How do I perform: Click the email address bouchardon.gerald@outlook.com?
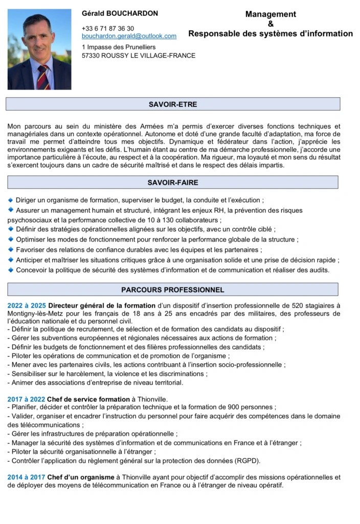pyautogui.click(x=129, y=36)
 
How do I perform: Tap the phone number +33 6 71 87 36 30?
pyautogui.click(x=108, y=29)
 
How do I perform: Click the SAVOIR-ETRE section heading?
pyautogui.click(x=173, y=104)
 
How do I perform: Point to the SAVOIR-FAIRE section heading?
pyautogui.click(x=173, y=182)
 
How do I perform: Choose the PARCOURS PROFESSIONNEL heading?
pyautogui.click(x=173, y=290)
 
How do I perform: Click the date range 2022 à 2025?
pyautogui.click(x=27, y=305)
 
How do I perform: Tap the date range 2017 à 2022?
pyautogui.click(x=26, y=399)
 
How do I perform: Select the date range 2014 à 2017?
pyautogui.click(x=26, y=477)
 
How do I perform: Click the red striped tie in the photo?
pyautogui.click(x=43, y=76)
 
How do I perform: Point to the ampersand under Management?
pyautogui.click(x=271, y=24)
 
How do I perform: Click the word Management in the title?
pyautogui.click(x=271, y=14)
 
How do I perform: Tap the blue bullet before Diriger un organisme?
pyautogui.click(x=11, y=200)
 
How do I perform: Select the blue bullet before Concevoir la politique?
pyautogui.click(x=11, y=270)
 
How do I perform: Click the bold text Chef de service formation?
pyautogui.click(x=88, y=399)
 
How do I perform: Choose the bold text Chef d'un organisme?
pyautogui.click(x=81, y=477)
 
